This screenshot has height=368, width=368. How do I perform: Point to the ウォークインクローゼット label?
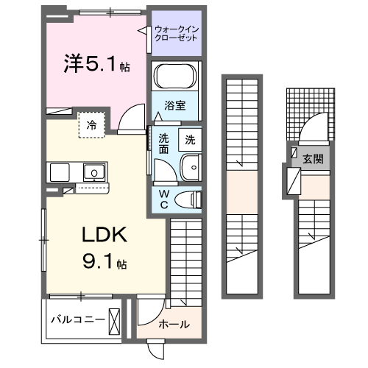click(x=176, y=35)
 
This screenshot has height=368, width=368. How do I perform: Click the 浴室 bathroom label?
click(x=174, y=105)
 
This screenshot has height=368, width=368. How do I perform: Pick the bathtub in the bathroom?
click(x=175, y=76)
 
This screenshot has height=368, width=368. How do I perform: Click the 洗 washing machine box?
click(x=189, y=139)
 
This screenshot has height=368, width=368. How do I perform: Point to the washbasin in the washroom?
click(x=190, y=168)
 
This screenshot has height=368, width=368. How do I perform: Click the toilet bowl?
click(x=191, y=197)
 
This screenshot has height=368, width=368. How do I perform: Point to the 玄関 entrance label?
click(x=312, y=159)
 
